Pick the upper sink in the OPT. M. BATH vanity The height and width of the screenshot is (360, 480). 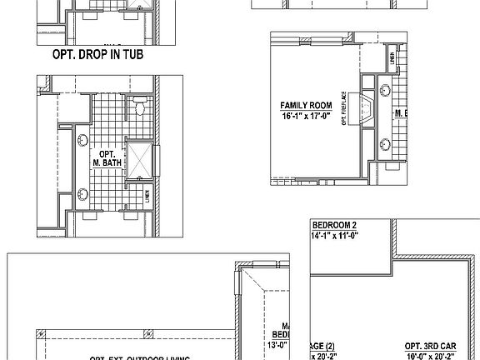point(82,141)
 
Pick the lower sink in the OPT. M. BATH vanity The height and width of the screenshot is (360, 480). point(82,195)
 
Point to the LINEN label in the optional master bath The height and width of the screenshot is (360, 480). point(147,197)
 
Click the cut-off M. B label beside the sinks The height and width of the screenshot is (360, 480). point(400,112)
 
